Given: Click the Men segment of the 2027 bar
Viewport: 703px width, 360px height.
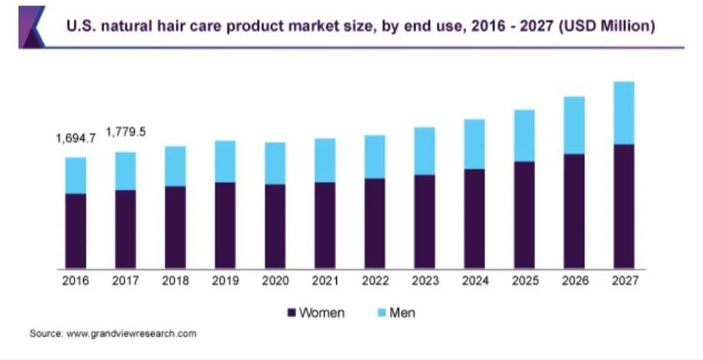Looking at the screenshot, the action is [624, 113].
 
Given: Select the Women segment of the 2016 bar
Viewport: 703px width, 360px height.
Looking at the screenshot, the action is [76, 232].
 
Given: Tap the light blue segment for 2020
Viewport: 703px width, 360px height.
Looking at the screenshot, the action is [275, 163].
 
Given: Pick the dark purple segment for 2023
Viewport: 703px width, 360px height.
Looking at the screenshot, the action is [425, 222].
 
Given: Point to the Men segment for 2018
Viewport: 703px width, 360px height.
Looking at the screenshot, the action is [175, 166].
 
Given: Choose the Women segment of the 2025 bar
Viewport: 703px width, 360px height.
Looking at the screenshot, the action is [525, 215].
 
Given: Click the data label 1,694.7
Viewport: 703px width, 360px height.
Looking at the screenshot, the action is [76, 138].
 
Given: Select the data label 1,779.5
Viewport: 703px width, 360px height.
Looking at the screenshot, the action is [125, 132].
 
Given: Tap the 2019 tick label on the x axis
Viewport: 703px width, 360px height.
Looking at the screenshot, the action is [225, 281].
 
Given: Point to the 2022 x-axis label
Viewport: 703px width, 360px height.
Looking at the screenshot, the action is [375, 281].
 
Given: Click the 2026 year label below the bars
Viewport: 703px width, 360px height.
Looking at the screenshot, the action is [575, 281].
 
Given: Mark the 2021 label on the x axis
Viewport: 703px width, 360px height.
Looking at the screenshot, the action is [325, 281].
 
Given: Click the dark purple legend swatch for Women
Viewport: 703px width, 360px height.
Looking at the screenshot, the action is [292, 312].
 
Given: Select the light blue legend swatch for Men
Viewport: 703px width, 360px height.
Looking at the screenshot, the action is [381, 312].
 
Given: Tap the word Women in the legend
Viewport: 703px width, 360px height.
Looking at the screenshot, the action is [322, 312].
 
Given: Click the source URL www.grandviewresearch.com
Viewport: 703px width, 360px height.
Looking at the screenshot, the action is [132, 334].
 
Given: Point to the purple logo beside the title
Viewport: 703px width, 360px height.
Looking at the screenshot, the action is [32, 27].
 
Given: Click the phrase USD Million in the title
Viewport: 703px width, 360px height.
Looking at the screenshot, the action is [607, 25].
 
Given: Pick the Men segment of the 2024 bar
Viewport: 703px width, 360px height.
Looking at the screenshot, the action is [475, 145].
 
